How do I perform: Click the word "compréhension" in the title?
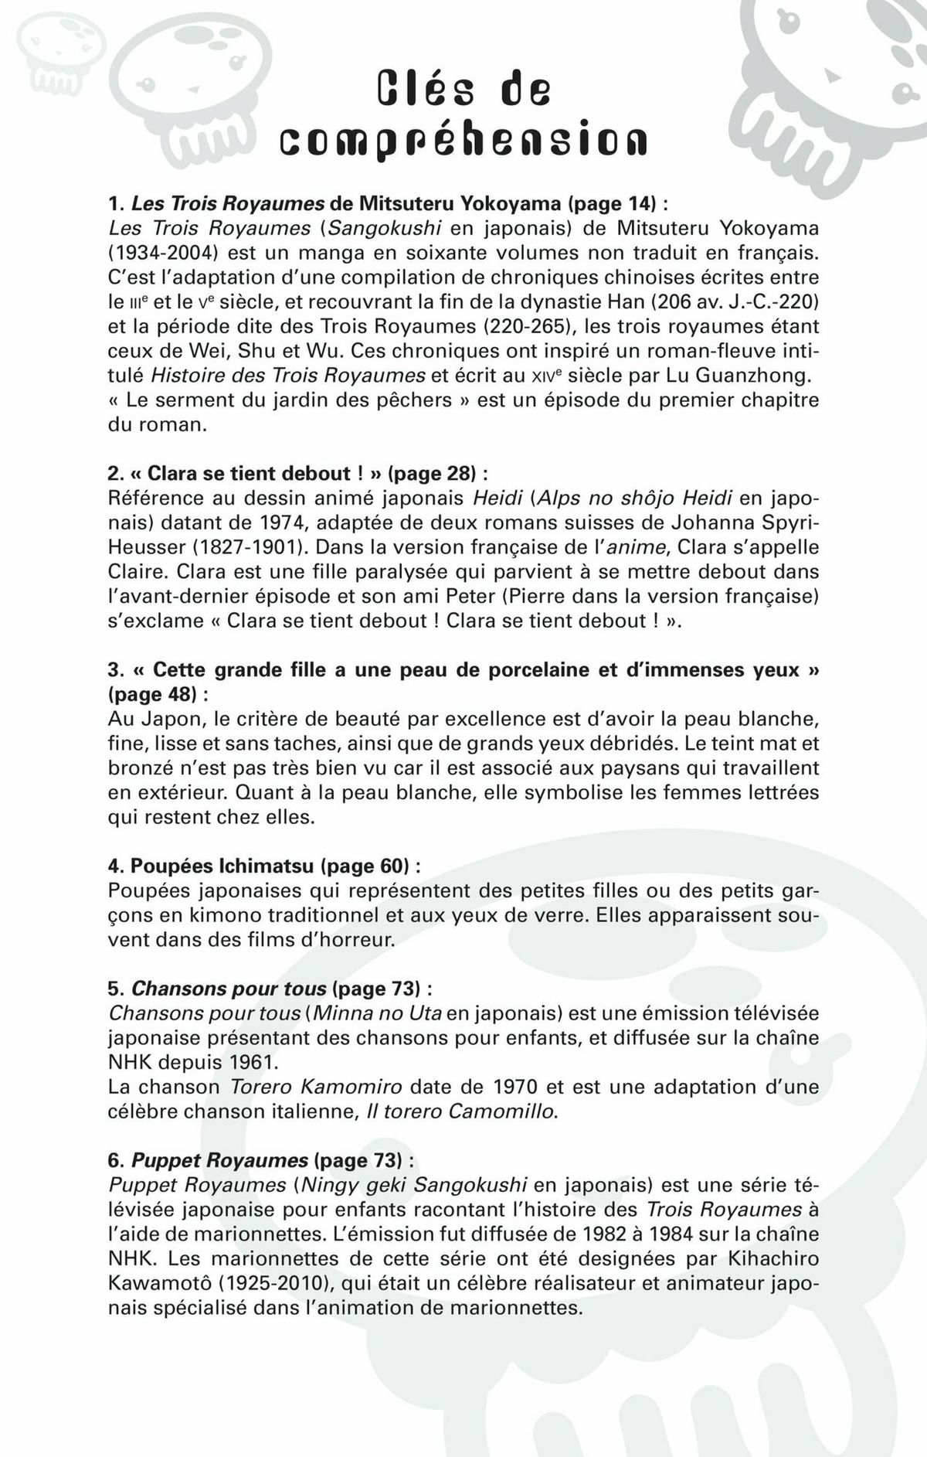click(463, 141)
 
